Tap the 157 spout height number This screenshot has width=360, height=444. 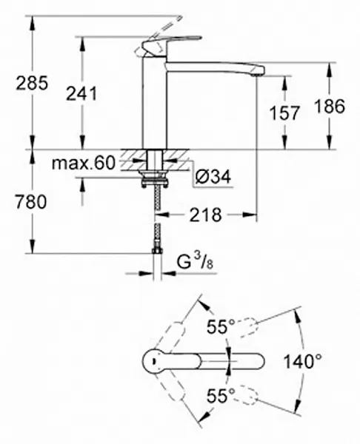point(285,112)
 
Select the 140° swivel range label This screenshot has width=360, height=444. point(304,362)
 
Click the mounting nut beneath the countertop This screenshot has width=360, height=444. point(154,177)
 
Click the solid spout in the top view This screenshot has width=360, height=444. point(222,360)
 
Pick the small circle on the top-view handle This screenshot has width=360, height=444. point(153,360)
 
